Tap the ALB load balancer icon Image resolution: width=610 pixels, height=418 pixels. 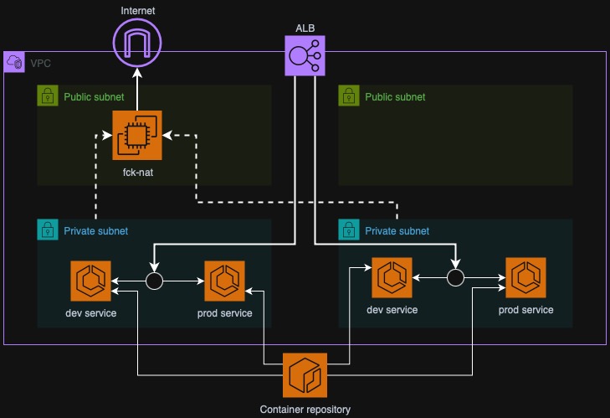(x=305, y=56)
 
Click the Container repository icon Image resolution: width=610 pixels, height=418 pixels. (x=305, y=374)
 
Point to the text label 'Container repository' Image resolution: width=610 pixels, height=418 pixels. (x=305, y=410)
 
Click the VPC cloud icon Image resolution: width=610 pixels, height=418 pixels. (x=14, y=62)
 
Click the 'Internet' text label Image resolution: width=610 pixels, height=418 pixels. (x=137, y=10)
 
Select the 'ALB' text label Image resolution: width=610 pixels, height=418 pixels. (x=305, y=28)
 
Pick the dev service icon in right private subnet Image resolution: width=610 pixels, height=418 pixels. (x=392, y=278)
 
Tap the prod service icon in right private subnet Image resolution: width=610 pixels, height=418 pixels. (x=525, y=278)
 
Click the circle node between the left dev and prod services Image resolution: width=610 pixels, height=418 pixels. (x=154, y=281)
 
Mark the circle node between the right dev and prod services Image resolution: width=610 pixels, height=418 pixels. (x=455, y=278)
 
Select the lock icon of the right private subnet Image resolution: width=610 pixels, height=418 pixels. (x=348, y=230)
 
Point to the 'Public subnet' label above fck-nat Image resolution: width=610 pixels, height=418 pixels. (x=94, y=97)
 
